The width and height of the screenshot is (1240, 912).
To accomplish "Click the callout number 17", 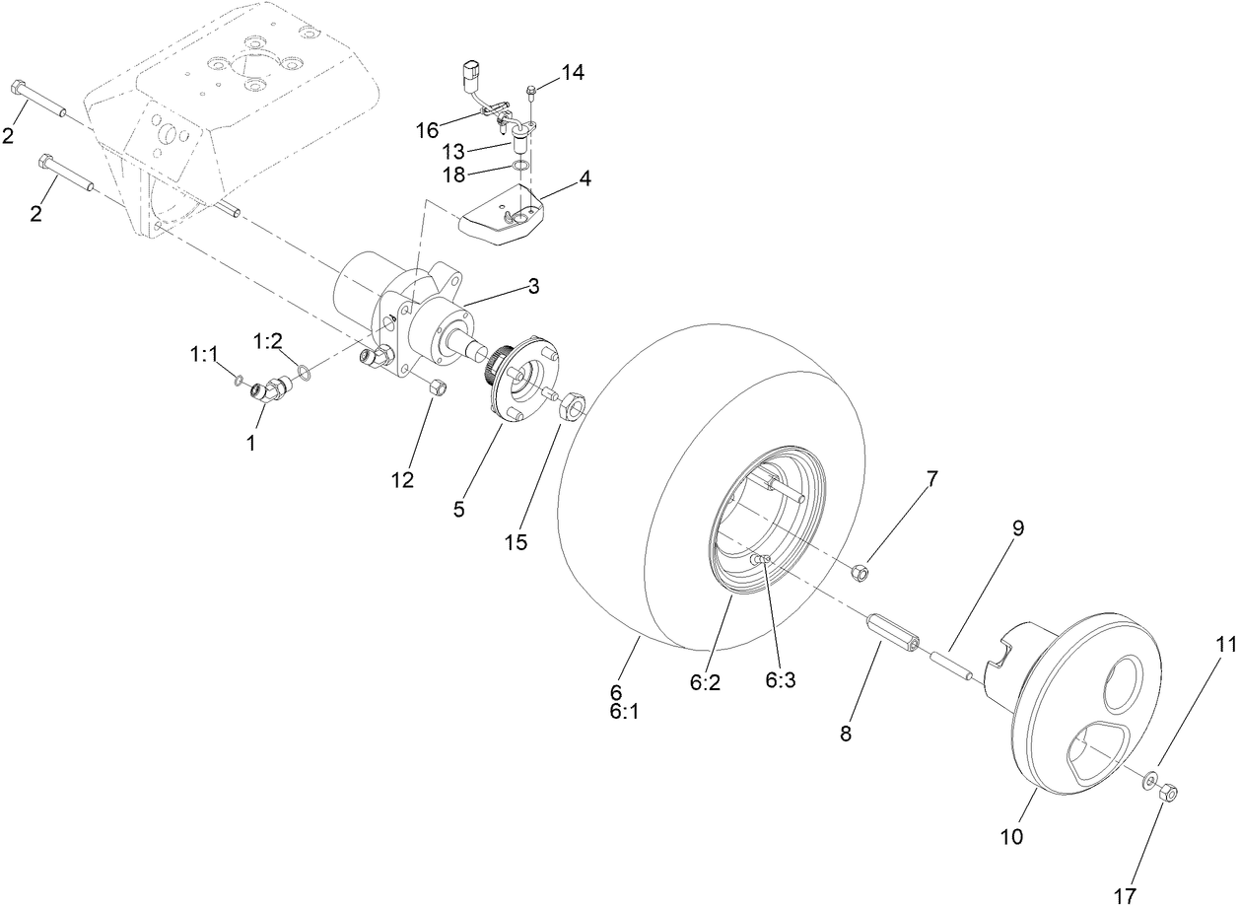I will [x=1126, y=896].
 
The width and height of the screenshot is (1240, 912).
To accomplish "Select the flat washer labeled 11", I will [x=1149, y=782].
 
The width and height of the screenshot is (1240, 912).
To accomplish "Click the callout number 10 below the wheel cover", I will [x=1011, y=837].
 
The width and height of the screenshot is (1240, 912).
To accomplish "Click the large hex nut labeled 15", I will [x=572, y=404].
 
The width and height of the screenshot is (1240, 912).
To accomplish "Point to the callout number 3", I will [x=532, y=287].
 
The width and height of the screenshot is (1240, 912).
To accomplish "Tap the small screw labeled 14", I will [x=531, y=93].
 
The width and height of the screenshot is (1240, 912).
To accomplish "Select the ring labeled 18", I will [x=521, y=165].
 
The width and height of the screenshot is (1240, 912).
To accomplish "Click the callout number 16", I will [x=427, y=131].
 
